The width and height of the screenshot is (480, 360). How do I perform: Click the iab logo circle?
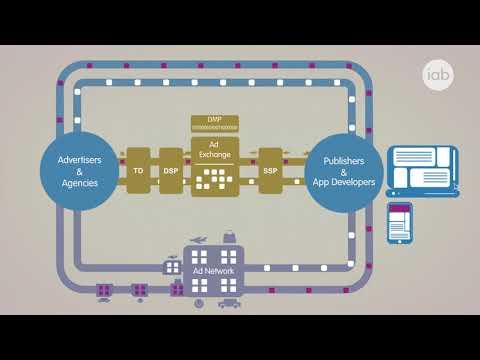(435, 76)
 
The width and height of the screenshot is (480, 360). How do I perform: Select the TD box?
(138, 171)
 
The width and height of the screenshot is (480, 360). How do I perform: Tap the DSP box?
(170, 171)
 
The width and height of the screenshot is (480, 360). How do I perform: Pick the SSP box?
(270, 171)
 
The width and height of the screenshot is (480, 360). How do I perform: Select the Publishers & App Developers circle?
(343, 170)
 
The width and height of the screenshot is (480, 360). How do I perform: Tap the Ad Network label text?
(211, 271)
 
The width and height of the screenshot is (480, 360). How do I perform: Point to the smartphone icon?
(400, 224)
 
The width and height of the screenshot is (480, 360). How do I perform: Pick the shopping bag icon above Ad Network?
(229, 238)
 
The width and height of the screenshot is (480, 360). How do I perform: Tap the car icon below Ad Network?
(229, 304)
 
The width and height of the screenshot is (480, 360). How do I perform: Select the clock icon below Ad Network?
(199, 303)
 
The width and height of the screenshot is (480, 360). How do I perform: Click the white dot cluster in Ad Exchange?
(213, 180)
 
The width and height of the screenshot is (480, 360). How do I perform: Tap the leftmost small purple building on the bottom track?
(104, 291)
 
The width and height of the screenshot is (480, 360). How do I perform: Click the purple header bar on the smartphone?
(400, 211)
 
